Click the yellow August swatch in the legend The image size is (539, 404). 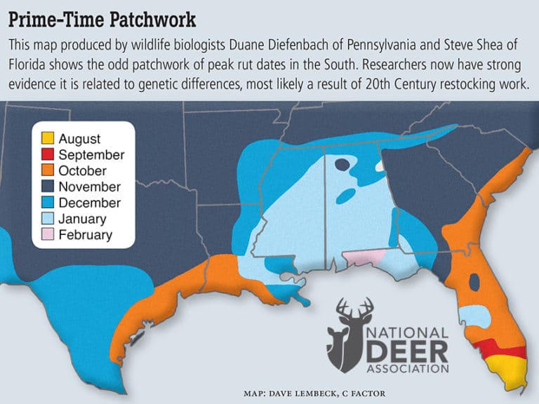pyautogui.click(x=47, y=139)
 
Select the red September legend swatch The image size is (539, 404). pyautogui.click(x=47, y=155)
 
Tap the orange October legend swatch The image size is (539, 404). pyautogui.click(x=47, y=171)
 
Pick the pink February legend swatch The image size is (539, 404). pyautogui.click(x=47, y=235)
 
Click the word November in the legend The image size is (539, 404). pyautogui.click(x=90, y=187)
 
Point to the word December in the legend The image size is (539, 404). pyautogui.click(x=90, y=203)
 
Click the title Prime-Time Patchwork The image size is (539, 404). pyautogui.click(x=102, y=17)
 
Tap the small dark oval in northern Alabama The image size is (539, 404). pyautogui.click(x=342, y=166)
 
